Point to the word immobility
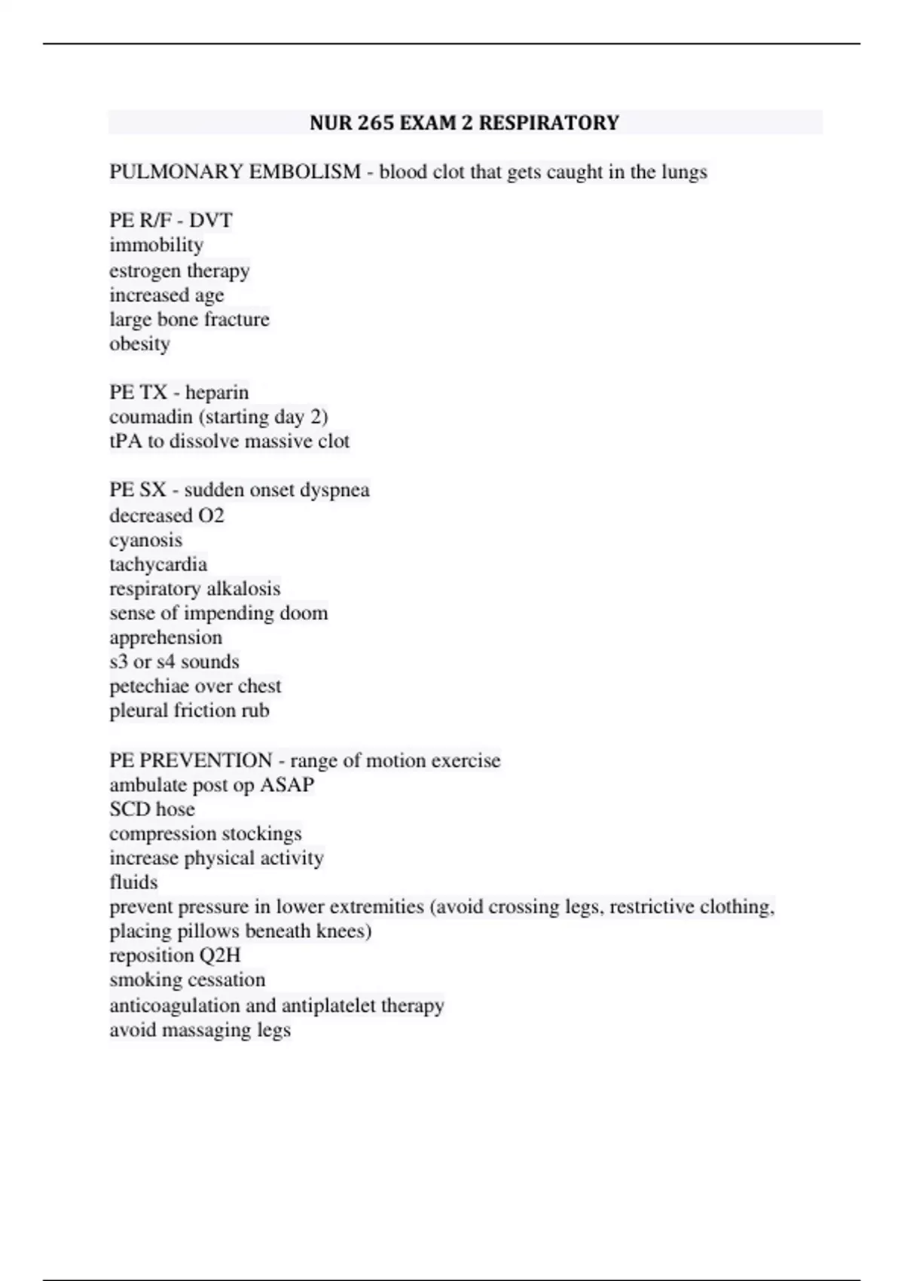(156, 245)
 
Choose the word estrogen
(144, 271)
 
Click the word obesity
(139, 344)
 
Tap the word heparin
(216, 393)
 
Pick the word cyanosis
(145, 540)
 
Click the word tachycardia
(157, 564)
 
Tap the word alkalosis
(243, 589)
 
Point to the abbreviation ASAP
(286, 784)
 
